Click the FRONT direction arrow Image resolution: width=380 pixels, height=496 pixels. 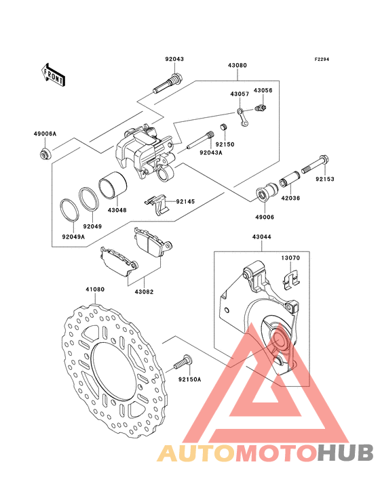point(53,75)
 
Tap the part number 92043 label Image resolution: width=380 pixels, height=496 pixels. point(174,59)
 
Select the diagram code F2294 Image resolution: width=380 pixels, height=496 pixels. point(322,59)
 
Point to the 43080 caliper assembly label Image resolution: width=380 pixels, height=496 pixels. point(237,66)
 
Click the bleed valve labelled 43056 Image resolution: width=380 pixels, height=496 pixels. point(261,108)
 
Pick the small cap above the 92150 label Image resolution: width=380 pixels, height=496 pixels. point(224,127)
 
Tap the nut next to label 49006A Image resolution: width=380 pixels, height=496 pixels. point(45,154)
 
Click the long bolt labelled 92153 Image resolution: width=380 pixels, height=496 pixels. point(315,165)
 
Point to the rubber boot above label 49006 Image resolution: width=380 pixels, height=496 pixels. point(267,191)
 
